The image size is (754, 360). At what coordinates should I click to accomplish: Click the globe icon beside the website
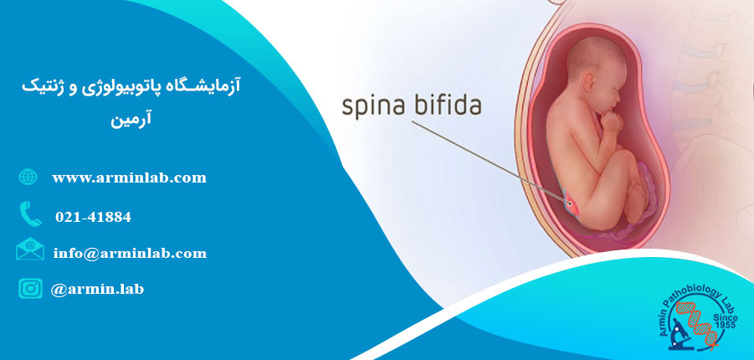(x=28, y=177)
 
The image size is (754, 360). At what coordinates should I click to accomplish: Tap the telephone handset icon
(x=30, y=214)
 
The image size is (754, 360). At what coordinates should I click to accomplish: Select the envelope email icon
(x=30, y=249)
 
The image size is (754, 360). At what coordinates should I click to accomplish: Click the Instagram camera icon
(x=31, y=288)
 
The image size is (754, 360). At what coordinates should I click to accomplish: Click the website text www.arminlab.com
(x=130, y=178)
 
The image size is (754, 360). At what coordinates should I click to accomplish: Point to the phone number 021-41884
(x=93, y=217)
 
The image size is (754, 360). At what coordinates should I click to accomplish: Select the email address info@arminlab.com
(x=130, y=253)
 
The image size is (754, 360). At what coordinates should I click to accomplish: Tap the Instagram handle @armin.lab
(x=97, y=289)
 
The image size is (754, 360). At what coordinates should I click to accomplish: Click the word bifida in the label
(x=449, y=105)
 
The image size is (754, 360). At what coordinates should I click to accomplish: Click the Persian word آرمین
(x=131, y=120)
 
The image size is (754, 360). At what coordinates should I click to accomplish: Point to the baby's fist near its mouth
(x=612, y=121)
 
